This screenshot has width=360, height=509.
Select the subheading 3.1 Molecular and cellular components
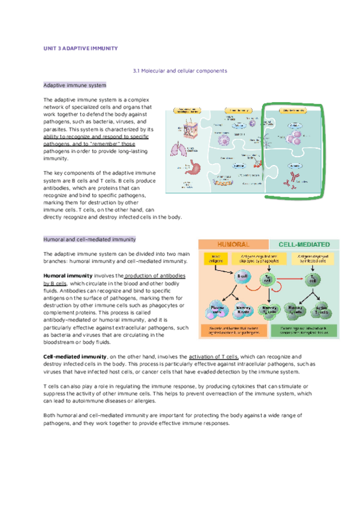(x=179, y=71)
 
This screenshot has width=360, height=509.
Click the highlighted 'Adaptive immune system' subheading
(x=75, y=85)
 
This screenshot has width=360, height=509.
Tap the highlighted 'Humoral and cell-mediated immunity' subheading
(x=89, y=239)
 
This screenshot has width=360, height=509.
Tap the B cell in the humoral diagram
(x=242, y=277)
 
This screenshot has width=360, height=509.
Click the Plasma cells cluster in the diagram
(x=217, y=309)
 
